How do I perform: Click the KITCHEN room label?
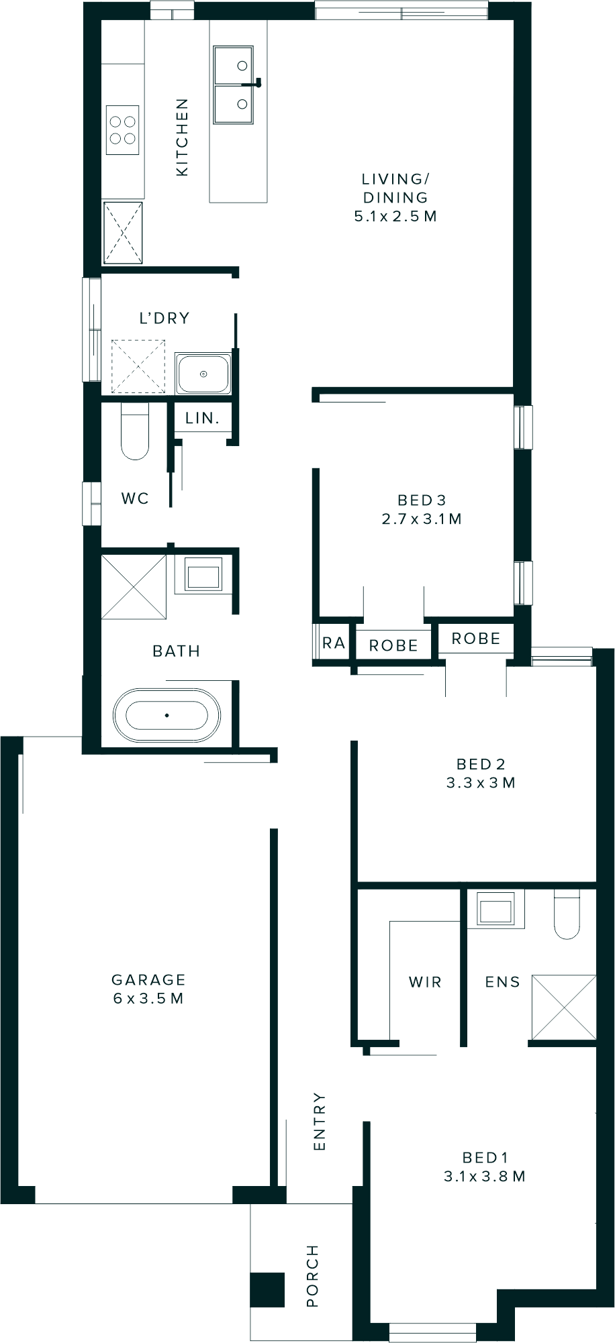pos(182,138)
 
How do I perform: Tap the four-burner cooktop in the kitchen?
pos(123,130)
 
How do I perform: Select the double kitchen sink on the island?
pos(234,85)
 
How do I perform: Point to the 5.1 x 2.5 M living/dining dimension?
pos(395,216)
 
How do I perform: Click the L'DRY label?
pos(164,318)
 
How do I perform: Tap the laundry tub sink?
pos(203,374)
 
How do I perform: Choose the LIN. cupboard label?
pos(203,418)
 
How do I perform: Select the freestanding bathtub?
pos(167,715)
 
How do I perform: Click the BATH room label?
pos(177,651)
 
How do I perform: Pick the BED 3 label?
pos(422,500)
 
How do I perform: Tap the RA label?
pos(334,643)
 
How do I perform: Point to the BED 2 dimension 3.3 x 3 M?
pos(481,783)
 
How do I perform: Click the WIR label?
pos(425,982)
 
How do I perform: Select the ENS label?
pos(503,982)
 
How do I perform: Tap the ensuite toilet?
pos(567,915)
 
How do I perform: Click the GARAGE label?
pos(148,980)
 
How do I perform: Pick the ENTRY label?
pos(320,1122)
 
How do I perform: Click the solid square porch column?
pos(268,1290)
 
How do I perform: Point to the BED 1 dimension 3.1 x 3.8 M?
pos(485,1176)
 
